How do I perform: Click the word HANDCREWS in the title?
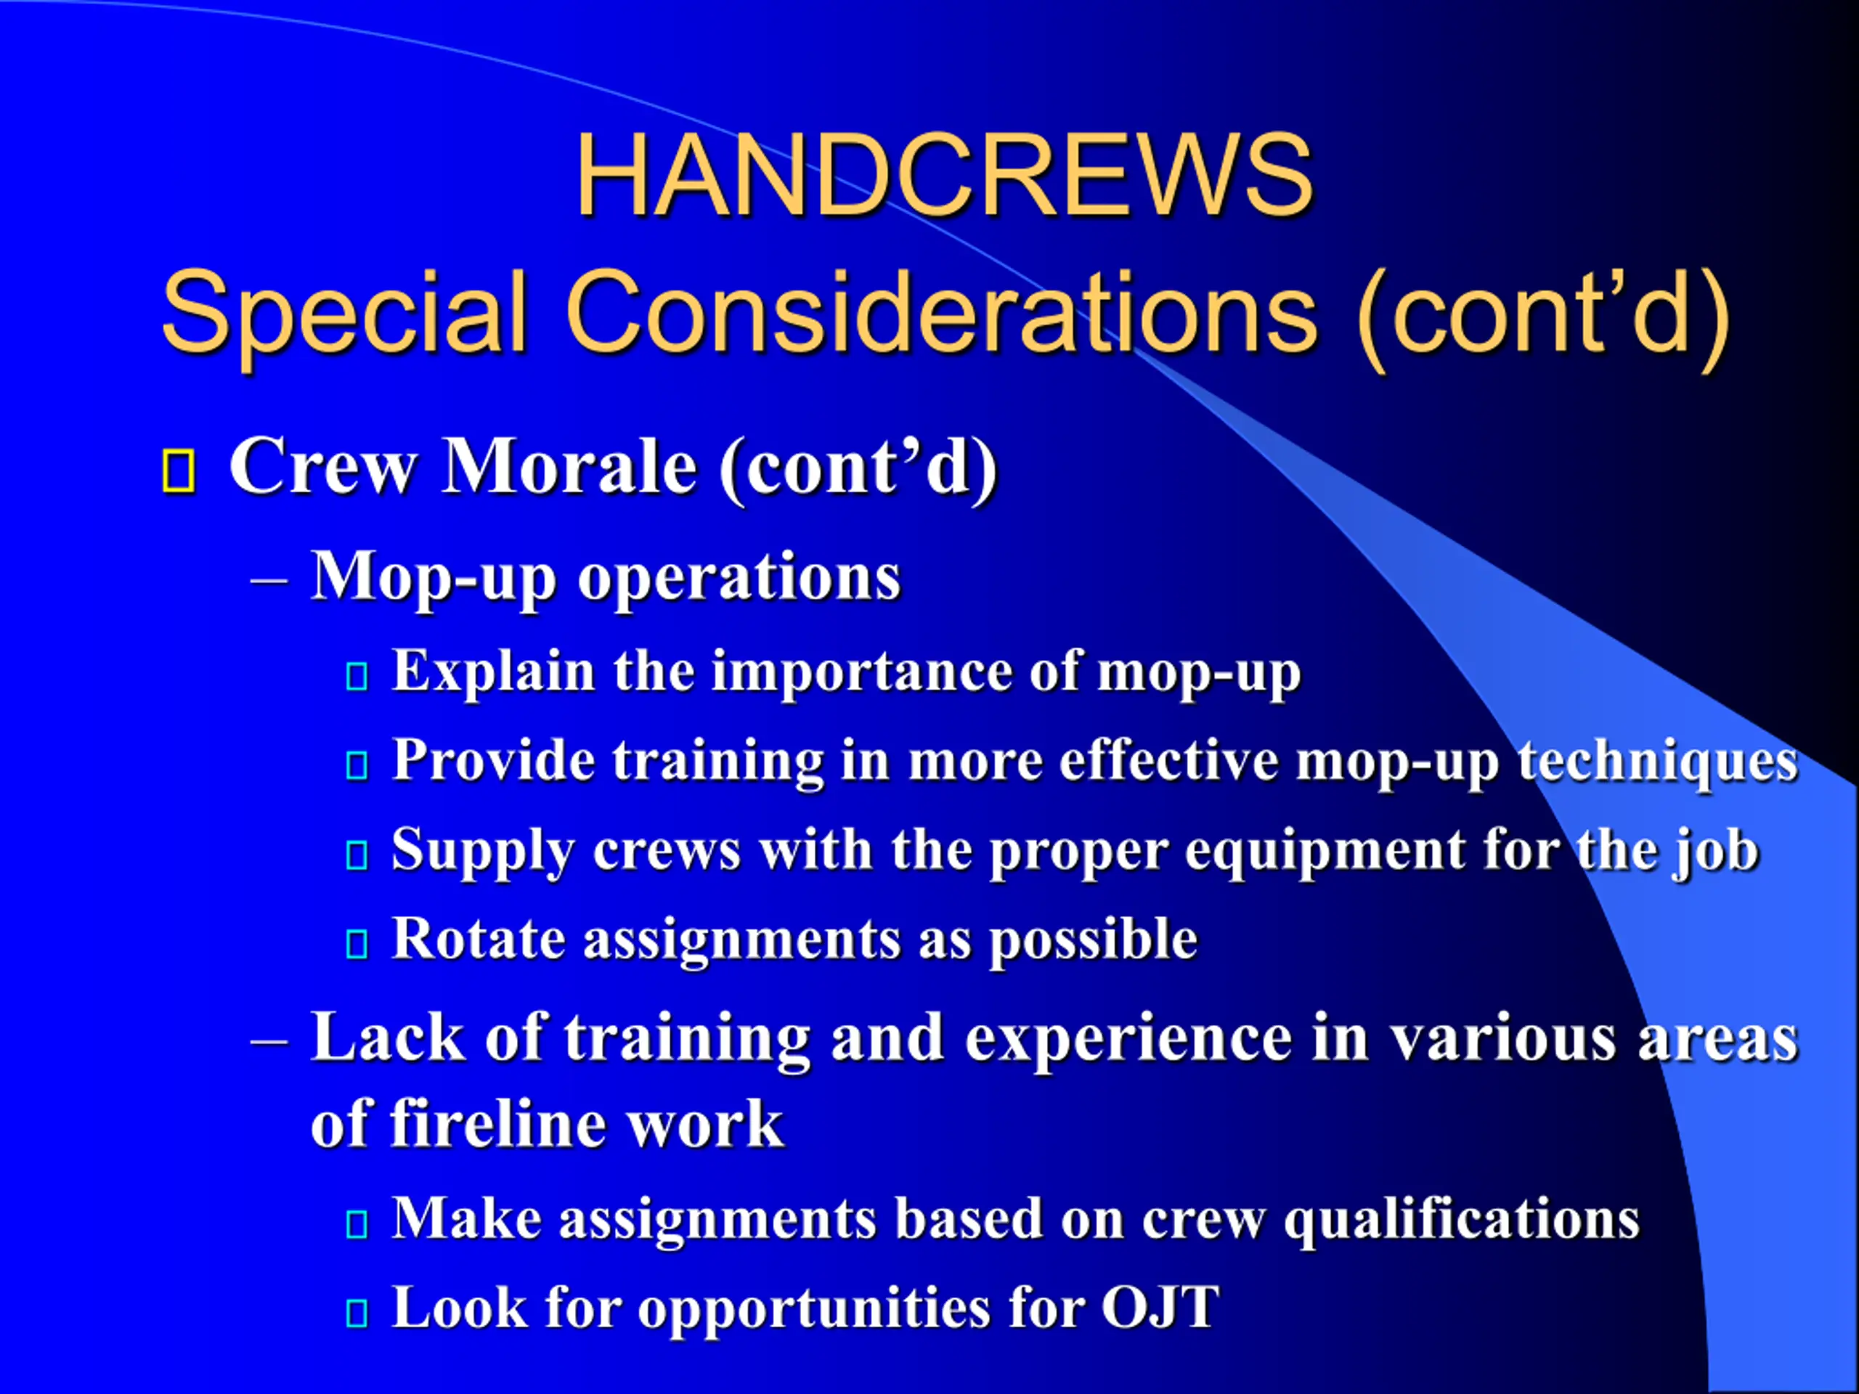[944, 176]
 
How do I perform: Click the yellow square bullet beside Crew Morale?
[178, 470]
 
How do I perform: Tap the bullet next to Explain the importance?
[357, 677]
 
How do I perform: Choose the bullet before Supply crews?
[357, 855]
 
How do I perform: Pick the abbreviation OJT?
[1160, 1308]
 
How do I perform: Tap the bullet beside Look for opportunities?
[357, 1313]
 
